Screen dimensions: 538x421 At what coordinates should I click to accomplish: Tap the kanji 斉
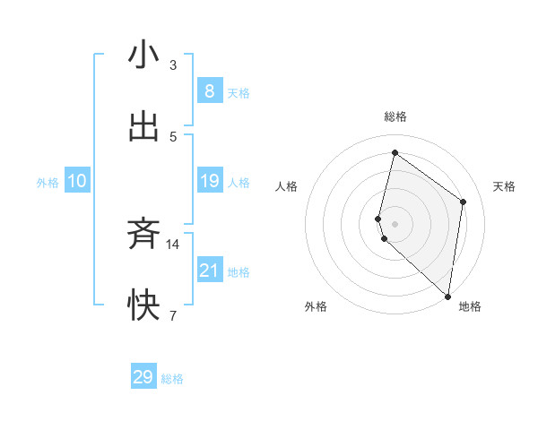(x=143, y=235)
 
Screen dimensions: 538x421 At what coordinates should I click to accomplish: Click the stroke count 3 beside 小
(x=173, y=64)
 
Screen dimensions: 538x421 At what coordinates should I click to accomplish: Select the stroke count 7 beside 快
(x=173, y=315)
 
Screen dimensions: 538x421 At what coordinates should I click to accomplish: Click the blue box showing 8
(x=209, y=90)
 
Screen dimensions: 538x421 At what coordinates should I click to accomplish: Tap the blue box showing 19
(x=209, y=181)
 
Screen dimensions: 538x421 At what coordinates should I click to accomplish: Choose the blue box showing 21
(x=209, y=271)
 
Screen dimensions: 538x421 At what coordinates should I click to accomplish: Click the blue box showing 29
(x=143, y=377)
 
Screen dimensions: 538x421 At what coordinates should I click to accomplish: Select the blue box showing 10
(x=77, y=181)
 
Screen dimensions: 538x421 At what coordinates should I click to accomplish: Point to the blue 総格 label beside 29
(x=172, y=379)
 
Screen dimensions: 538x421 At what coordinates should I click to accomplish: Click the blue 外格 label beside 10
(x=48, y=182)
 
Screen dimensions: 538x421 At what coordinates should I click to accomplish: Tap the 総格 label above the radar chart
(x=395, y=116)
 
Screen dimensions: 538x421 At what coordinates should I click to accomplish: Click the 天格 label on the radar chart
(x=505, y=186)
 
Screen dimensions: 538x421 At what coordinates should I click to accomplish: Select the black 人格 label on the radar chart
(x=286, y=186)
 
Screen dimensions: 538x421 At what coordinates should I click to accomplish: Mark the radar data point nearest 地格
(x=447, y=296)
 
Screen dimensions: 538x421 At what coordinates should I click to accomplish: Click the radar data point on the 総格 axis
(x=395, y=152)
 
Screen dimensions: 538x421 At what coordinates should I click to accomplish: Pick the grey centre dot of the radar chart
(x=395, y=223)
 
